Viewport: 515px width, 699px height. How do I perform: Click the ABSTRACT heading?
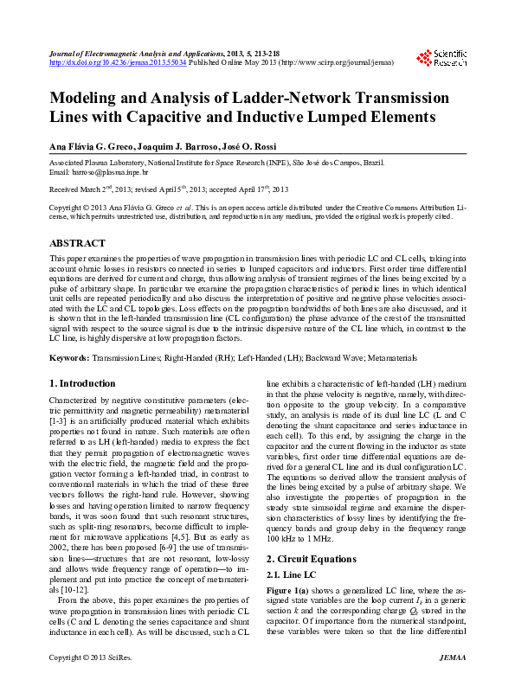click(x=77, y=244)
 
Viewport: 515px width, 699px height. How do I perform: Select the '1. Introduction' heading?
click(x=81, y=383)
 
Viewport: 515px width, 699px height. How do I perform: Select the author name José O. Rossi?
click(x=271, y=145)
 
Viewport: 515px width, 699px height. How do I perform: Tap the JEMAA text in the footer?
click(x=452, y=682)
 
